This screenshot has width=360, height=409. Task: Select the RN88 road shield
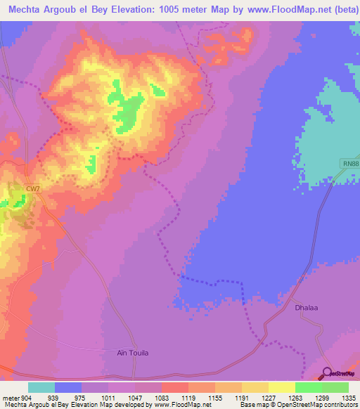(x=352, y=164)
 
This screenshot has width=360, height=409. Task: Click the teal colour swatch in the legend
(x=41, y=387)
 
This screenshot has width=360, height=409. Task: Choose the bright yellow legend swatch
(x=282, y=387)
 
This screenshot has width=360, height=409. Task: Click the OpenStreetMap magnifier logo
(x=328, y=374)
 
